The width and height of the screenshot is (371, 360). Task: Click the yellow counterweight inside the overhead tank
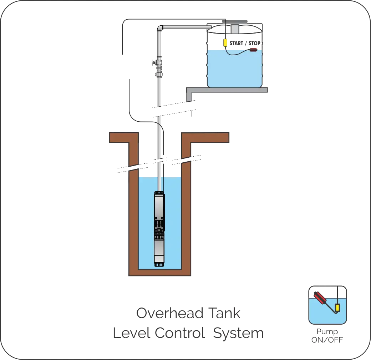[x=226, y=42]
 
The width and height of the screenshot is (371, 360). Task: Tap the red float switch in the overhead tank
[x=253, y=50]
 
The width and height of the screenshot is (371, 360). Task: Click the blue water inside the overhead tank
[x=235, y=70]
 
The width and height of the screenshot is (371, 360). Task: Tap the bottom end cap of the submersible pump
[x=159, y=264]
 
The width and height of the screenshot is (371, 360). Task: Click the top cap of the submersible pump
[x=159, y=194]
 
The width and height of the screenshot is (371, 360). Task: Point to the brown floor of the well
[x=161, y=273]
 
